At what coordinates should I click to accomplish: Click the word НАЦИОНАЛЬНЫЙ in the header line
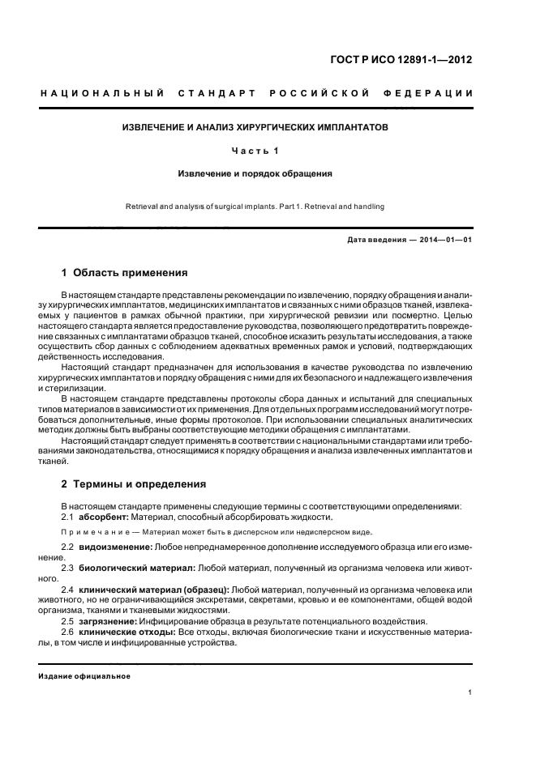point(103,95)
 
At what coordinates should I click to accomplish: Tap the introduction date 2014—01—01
point(443,241)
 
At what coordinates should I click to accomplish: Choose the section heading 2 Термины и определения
point(134,484)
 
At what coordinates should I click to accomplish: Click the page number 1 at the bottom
point(471,693)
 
